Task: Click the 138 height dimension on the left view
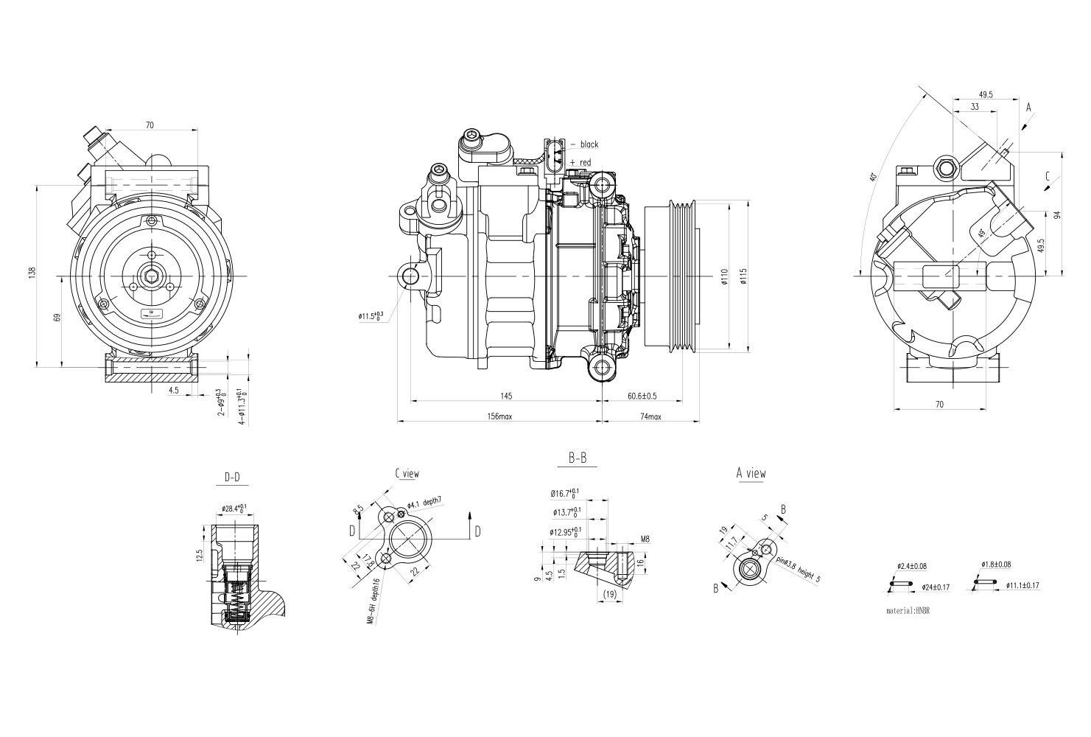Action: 32,273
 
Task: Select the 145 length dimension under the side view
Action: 506,397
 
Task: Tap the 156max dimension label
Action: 499,417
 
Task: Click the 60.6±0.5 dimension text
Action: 642,397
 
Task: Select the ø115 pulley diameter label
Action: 743,276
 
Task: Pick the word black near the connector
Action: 589,144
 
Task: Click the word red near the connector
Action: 585,162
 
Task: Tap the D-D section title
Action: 232,478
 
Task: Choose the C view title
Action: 407,474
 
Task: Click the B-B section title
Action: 578,458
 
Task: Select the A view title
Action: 751,473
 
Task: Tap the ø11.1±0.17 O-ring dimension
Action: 1020,585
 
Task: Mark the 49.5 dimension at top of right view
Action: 986,94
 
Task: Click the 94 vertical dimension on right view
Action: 1057,215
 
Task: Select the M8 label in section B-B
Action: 645,539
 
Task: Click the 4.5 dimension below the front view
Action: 173,391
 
